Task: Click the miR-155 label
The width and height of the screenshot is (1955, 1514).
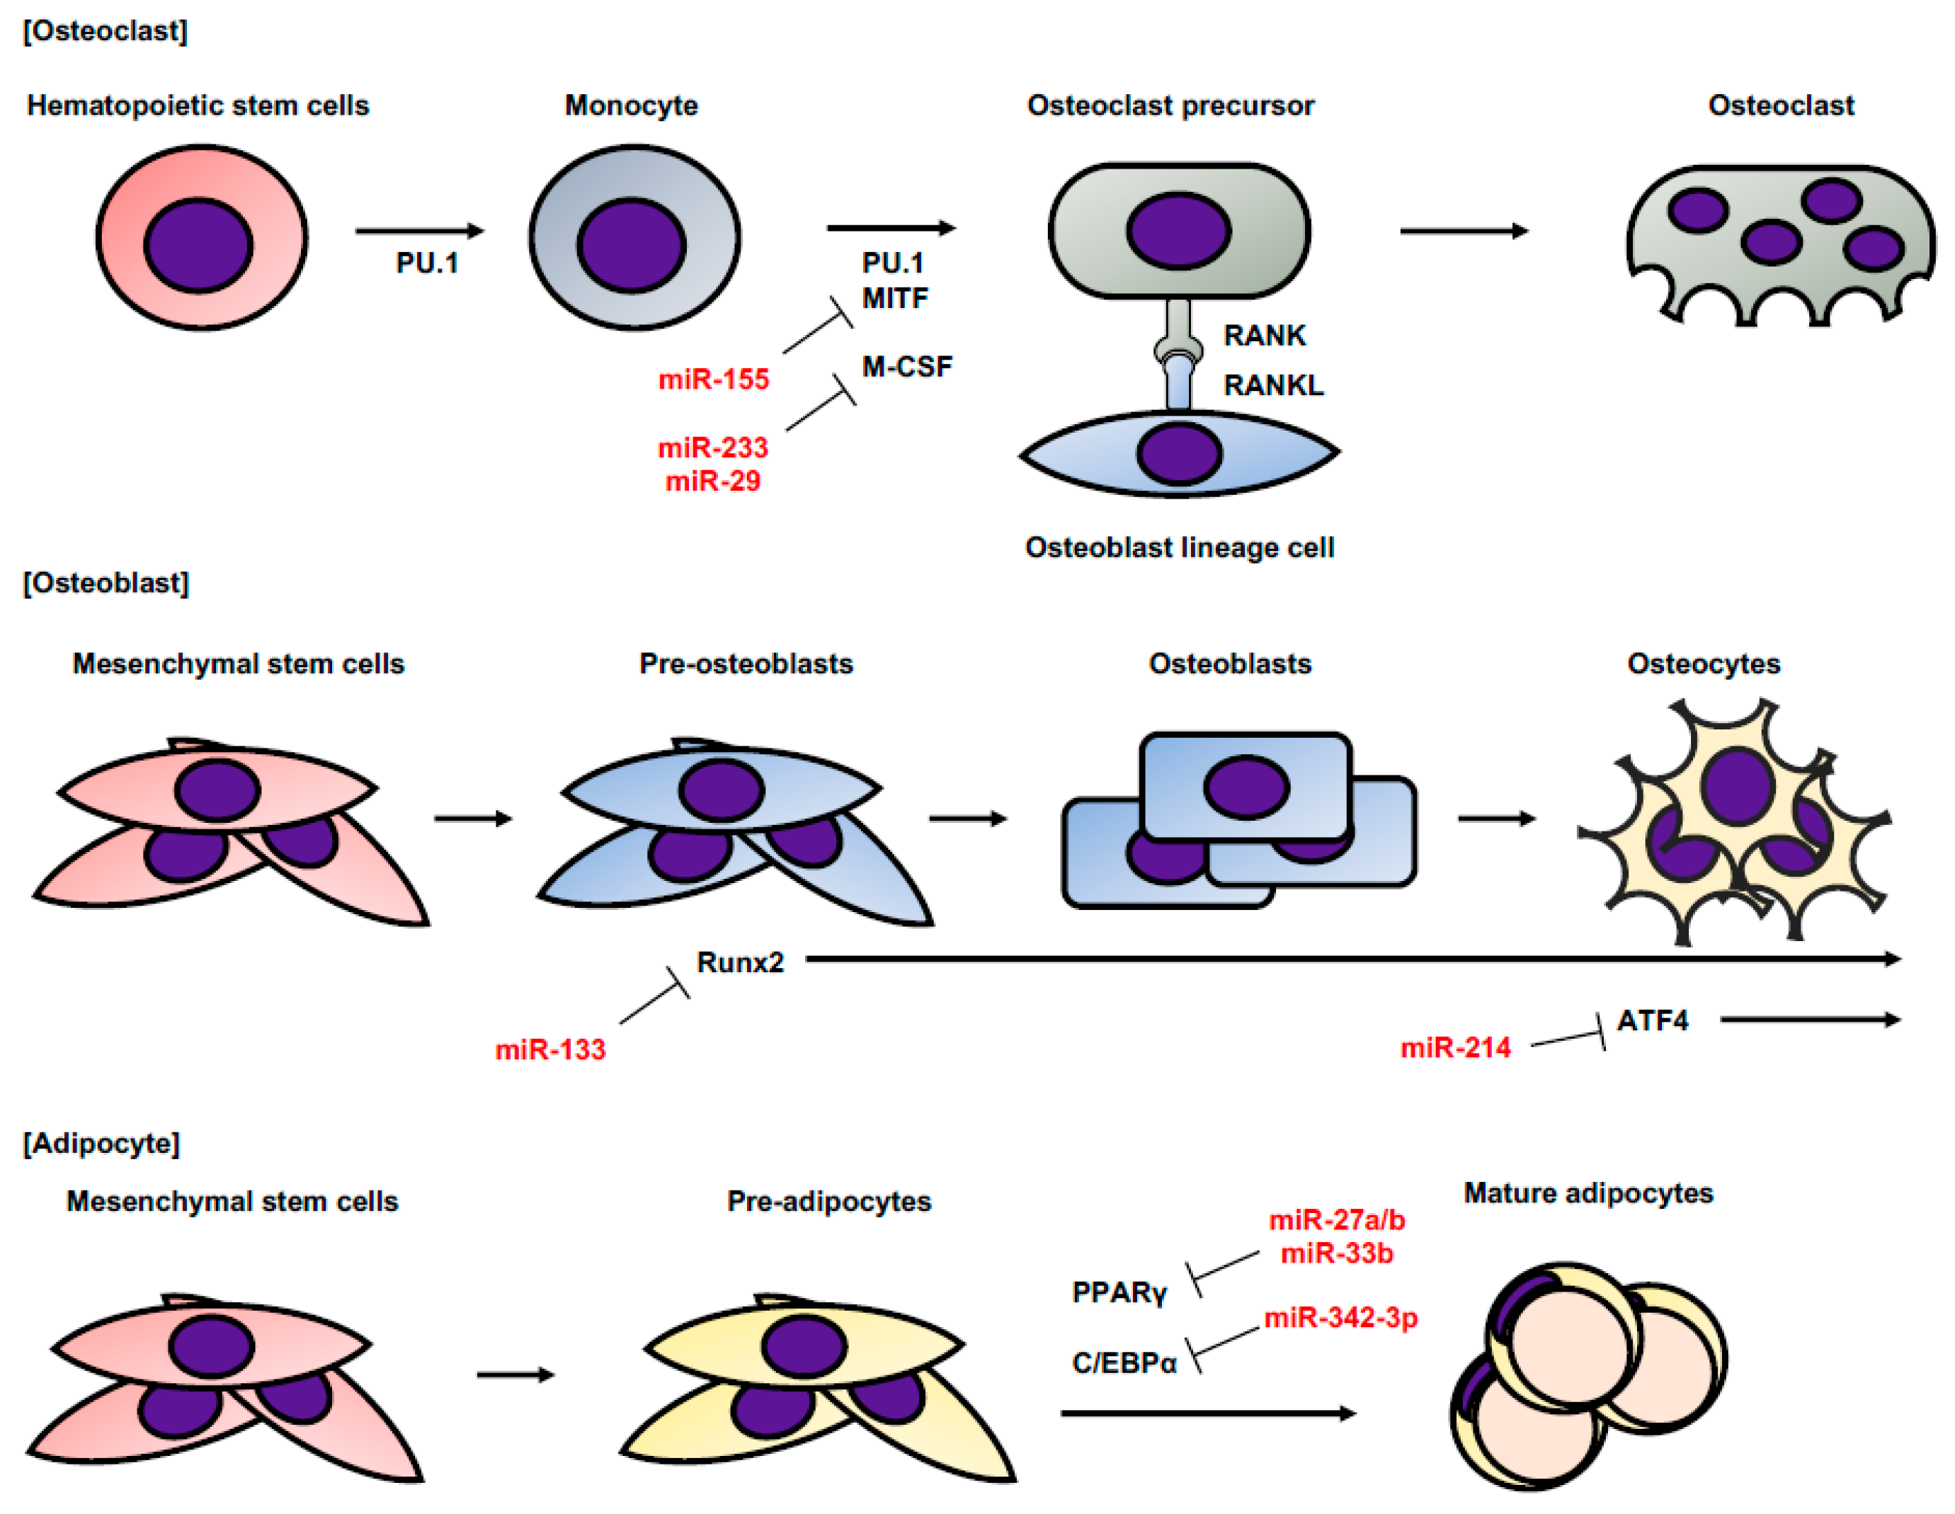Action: click(714, 380)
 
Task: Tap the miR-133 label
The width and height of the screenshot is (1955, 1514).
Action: click(550, 1049)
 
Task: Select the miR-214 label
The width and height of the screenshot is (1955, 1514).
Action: click(1456, 1047)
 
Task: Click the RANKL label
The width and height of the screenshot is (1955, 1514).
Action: click(1273, 386)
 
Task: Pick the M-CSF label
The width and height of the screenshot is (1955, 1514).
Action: click(907, 367)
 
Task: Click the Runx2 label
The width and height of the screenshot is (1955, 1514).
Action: click(740, 962)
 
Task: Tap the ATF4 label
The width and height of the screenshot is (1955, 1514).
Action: click(1653, 1020)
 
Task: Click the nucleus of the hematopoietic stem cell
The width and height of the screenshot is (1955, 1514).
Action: click(199, 245)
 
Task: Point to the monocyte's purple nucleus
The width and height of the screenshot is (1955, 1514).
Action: click(632, 245)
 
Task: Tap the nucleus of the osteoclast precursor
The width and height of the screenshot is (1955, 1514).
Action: click(1179, 230)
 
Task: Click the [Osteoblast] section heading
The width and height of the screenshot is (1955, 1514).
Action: click(106, 584)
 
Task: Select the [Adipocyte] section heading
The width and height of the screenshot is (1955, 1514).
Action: click(101, 1144)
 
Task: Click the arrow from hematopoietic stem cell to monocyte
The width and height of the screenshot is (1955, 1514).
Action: click(420, 231)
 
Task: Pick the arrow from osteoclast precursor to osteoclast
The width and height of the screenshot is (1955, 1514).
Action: click(1464, 231)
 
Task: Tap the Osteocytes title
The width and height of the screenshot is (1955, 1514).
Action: click(1704, 664)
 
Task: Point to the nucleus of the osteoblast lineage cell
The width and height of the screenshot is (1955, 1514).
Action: click(1180, 454)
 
